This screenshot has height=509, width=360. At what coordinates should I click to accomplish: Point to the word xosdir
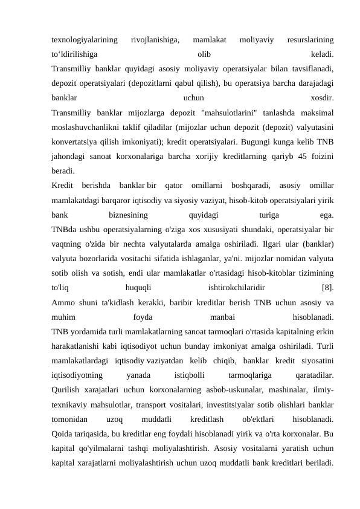click(x=320, y=97)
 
